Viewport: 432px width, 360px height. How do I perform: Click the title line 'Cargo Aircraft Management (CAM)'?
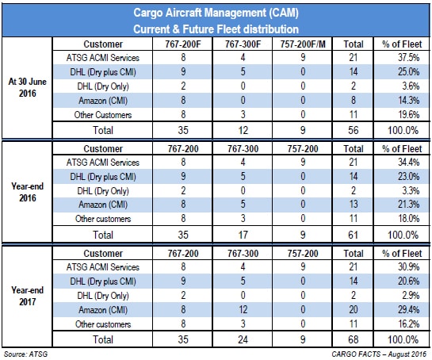(x=216, y=13)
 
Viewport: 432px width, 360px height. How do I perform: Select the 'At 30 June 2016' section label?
(x=27, y=87)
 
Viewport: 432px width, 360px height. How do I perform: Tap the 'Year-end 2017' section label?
(x=27, y=296)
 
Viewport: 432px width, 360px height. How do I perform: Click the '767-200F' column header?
(x=183, y=44)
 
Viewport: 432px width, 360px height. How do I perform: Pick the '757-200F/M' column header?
(x=303, y=44)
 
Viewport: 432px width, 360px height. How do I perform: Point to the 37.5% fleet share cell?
(x=408, y=58)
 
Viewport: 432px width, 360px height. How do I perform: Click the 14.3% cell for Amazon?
(x=408, y=100)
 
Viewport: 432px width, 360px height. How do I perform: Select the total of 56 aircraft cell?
(x=354, y=130)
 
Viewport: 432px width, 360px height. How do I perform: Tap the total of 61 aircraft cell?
(x=354, y=235)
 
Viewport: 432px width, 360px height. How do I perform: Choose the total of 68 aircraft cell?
(x=354, y=339)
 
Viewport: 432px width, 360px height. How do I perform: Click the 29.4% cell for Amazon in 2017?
(x=408, y=309)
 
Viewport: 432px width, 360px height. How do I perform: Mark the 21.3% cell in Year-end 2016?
(x=408, y=205)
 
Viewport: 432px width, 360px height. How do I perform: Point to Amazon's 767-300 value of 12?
(x=243, y=309)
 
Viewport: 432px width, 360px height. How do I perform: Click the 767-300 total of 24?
(x=243, y=339)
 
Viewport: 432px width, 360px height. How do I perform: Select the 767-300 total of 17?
(x=243, y=235)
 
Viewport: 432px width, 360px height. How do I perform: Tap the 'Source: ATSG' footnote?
(x=25, y=354)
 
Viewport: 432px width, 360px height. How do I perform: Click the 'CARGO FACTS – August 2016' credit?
(x=379, y=354)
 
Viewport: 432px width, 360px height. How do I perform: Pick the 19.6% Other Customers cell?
(x=408, y=114)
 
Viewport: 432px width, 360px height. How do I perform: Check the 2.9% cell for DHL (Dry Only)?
(x=411, y=295)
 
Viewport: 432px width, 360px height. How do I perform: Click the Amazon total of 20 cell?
(x=354, y=309)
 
